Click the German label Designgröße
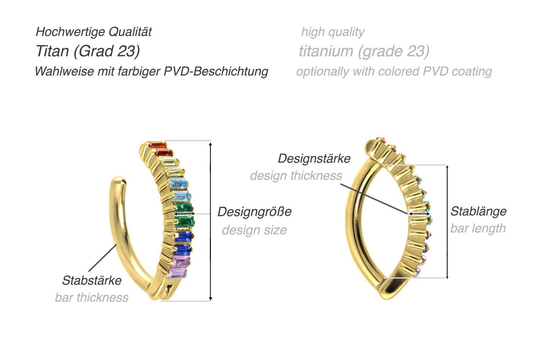[x=254, y=211]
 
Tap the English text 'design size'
[x=254, y=230]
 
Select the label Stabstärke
[x=92, y=281]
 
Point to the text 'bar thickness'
[x=92, y=297]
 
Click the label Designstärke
[x=314, y=159]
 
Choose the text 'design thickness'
[x=296, y=176]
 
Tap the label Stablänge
[x=478, y=211]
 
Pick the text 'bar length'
[x=478, y=228]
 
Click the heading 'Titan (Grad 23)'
[x=88, y=51]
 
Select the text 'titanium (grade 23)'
[x=364, y=51]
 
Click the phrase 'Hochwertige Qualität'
[x=93, y=32]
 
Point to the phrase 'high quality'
[x=332, y=32]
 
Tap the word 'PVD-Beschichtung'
[x=216, y=71]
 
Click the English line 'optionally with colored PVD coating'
[x=394, y=71]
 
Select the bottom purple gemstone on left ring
[x=177, y=274]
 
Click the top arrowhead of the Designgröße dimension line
[x=211, y=144]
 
